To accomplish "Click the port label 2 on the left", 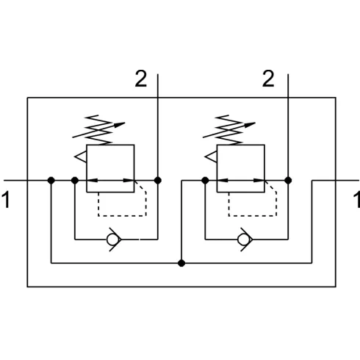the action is (141, 79).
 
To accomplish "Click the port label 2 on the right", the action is (268, 79).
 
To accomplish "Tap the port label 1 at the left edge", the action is (6, 200).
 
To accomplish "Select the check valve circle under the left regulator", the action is (112, 240).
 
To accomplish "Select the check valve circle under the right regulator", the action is (243, 240).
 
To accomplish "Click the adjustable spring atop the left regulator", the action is (98, 130).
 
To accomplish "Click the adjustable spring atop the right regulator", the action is (229, 130).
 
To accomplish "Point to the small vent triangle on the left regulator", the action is (80, 156).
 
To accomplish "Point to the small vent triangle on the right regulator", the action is (211, 156).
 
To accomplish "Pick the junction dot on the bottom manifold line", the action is (181, 263).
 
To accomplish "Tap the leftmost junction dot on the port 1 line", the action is (51, 181).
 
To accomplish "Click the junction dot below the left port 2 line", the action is (158, 181).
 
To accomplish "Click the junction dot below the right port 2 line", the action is (288, 181).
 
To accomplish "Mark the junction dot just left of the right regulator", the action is (205, 181).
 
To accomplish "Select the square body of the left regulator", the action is (110, 145).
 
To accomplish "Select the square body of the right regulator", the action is (241, 145).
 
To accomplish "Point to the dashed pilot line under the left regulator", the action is (123, 216).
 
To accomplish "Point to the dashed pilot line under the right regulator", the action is (253, 216).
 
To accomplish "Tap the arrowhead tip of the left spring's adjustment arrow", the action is (125, 123).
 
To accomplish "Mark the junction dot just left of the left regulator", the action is (75, 181).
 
